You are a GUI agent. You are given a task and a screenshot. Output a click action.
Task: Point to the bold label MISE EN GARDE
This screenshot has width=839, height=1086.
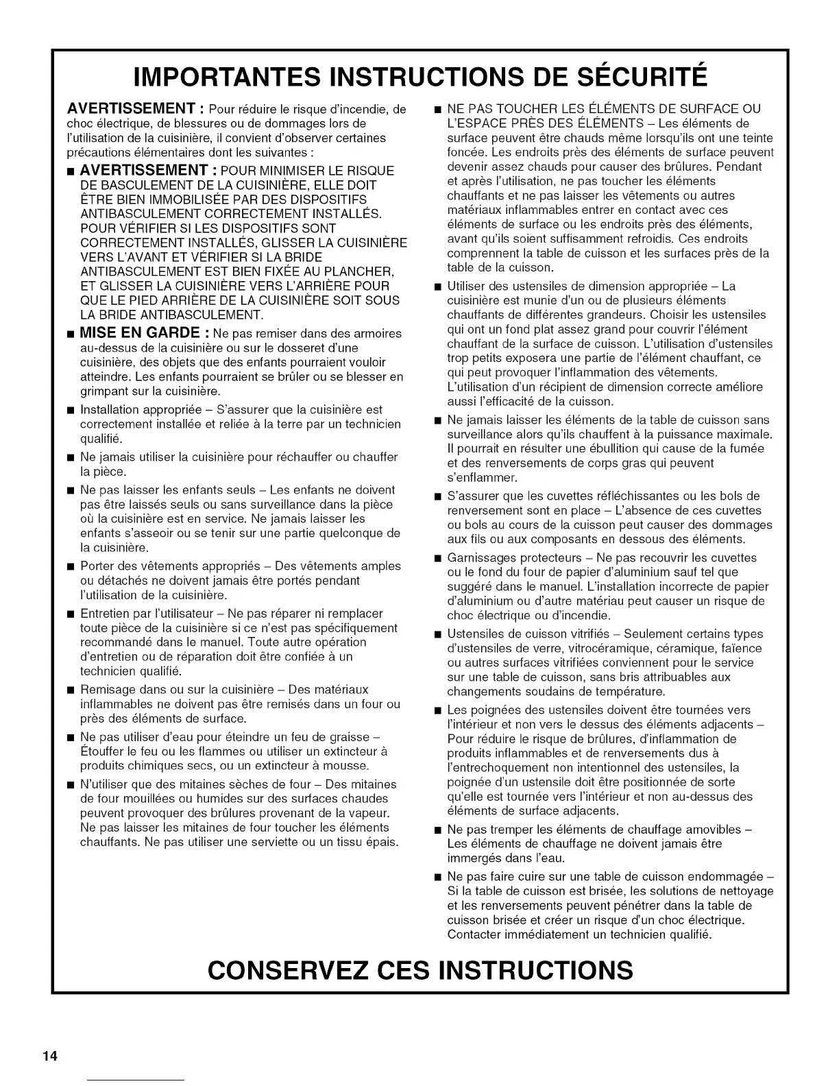[139, 333]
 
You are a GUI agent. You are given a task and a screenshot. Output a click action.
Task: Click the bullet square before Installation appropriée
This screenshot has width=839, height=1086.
[71, 411]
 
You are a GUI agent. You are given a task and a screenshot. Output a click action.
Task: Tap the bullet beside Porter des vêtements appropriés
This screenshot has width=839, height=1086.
[71, 566]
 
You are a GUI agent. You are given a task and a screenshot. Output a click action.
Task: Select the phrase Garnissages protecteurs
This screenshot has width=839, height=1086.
[513, 558]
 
